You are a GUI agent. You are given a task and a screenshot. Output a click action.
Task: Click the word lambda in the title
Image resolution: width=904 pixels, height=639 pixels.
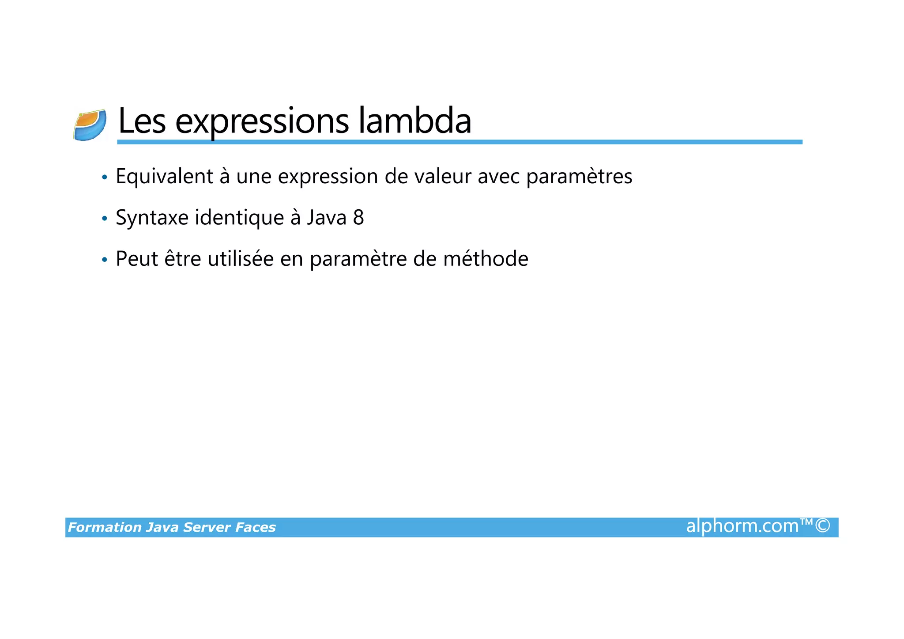414,121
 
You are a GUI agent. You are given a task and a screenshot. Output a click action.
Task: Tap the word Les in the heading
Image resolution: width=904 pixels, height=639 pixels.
142,121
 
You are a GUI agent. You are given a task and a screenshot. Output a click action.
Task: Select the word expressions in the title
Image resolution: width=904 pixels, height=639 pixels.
262,121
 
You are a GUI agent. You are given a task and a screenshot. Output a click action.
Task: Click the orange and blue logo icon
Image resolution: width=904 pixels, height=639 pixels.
90,125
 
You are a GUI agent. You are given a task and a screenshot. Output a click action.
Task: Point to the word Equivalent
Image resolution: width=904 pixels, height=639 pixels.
165,177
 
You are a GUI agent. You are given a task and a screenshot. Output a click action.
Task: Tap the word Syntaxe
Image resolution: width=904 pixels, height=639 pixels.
152,218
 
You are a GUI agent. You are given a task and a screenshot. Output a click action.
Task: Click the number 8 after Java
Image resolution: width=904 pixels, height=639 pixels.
358,218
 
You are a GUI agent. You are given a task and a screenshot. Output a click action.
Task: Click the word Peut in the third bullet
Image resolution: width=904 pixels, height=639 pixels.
137,259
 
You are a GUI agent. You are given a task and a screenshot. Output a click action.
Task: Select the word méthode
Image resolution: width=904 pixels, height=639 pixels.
486,259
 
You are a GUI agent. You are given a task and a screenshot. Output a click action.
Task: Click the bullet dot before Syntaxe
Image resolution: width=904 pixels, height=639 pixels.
104,219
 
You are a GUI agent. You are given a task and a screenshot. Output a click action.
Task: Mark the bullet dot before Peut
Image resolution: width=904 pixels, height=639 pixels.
104,260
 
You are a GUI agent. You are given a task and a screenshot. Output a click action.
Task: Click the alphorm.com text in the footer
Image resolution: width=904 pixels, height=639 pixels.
742,526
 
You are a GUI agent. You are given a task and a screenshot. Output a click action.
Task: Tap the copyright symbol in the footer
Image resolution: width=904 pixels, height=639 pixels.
823,526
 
